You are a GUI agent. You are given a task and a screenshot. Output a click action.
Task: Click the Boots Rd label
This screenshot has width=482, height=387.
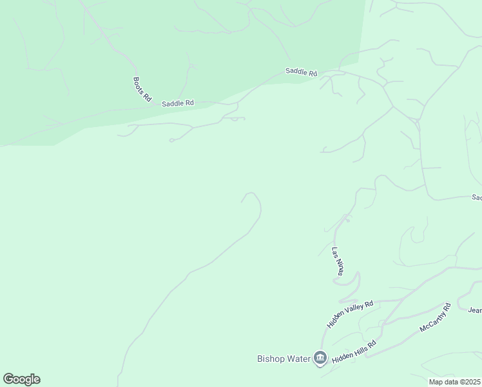click(x=142, y=89)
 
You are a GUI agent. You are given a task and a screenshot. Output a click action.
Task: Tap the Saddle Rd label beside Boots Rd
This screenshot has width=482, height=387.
click(x=178, y=103)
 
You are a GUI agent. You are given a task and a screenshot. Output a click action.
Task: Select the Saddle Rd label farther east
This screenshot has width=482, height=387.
click(x=302, y=73)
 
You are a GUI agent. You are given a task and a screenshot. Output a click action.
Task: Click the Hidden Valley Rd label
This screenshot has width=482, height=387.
click(x=350, y=314)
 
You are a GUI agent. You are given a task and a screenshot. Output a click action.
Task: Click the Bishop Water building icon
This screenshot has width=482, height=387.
click(x=320, y=358)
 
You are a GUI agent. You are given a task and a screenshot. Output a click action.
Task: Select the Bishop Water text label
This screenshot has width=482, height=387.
click(x=284, y=359)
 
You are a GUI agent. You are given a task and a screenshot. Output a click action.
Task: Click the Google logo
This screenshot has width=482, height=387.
click(x=21, y=379)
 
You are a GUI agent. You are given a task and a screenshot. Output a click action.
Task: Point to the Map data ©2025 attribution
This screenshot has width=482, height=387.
click(x=454, y=382)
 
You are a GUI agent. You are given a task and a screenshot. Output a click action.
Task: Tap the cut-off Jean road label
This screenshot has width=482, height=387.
click(x=474, y=310)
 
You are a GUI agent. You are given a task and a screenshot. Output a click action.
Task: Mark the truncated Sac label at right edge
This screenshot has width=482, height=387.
click(x=476, y=197)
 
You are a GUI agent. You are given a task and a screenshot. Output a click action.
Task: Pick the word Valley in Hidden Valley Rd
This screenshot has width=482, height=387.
click(x=353, y=312)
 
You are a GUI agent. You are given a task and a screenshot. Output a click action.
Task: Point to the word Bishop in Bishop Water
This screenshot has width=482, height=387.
click(x=270, y=359)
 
